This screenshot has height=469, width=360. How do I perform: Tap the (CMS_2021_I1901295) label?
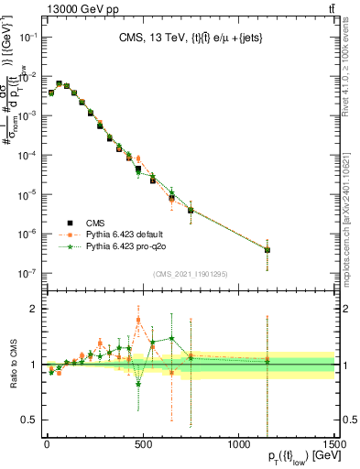190,274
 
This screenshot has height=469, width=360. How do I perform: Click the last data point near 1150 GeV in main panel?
267,250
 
